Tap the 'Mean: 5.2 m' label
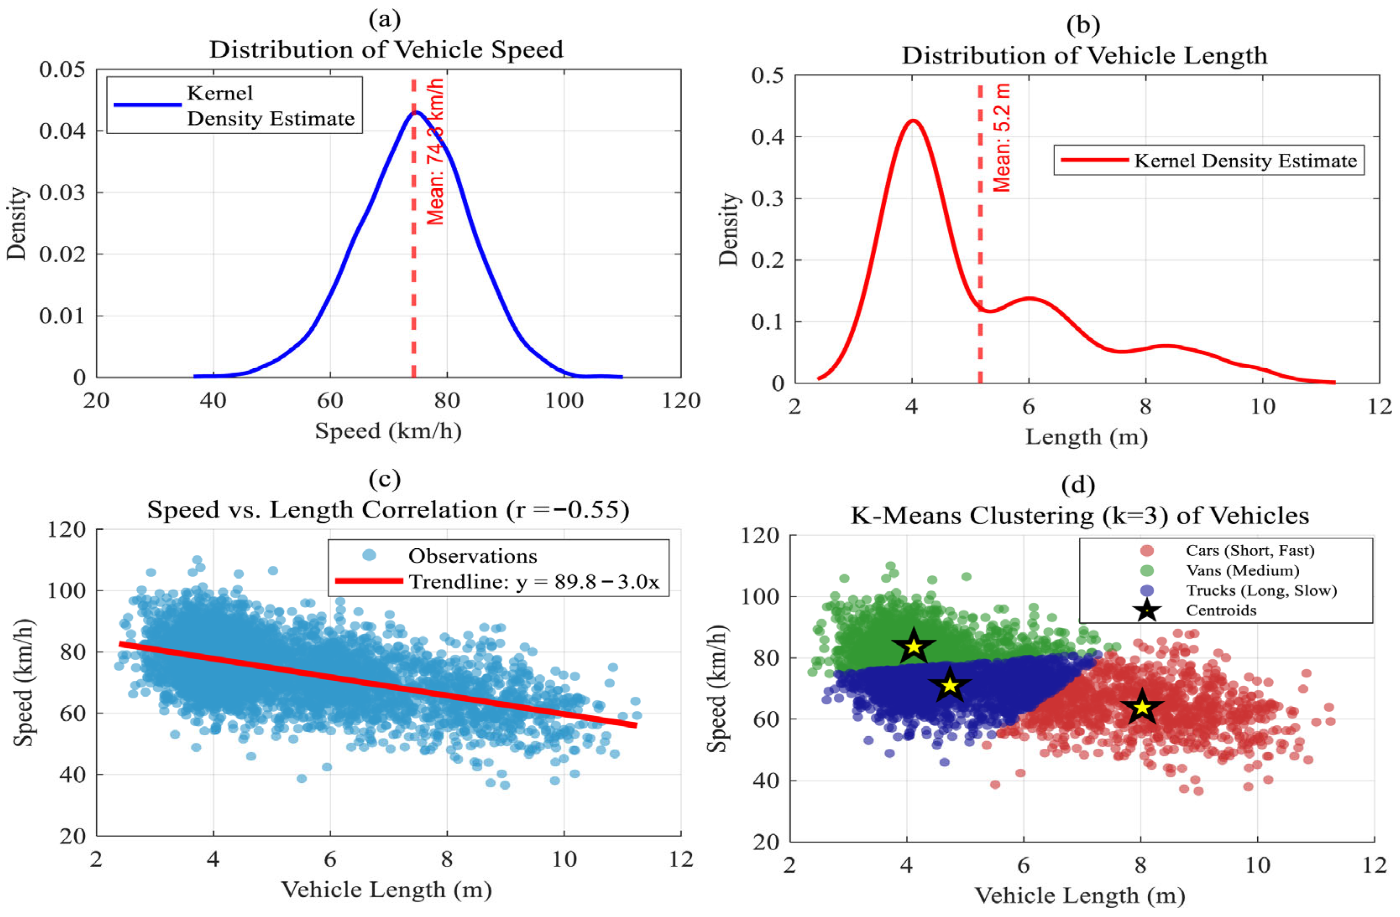click(1002, 138)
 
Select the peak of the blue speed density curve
click(416, 112)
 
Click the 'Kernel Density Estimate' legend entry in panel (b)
click(1245, 161)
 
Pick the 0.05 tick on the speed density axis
click(63, 69)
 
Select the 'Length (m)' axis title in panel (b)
click(1086, 437)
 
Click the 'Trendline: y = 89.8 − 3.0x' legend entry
click(534, 582)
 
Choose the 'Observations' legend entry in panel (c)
click(472, 556)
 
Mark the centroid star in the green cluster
click(913, 646)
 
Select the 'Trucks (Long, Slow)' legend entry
click(1261, 590)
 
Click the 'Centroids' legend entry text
click(1221, 611)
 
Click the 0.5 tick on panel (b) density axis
click(768, 75)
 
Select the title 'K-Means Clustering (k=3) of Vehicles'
click(1079, 516)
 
